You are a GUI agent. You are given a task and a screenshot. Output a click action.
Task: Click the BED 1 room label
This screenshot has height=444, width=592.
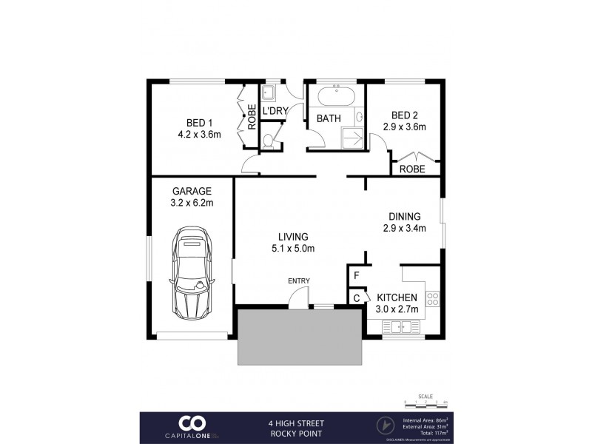195,123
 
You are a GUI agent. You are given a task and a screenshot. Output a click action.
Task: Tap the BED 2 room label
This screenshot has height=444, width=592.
405,115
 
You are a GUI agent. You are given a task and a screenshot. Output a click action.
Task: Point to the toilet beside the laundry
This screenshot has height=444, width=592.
268,140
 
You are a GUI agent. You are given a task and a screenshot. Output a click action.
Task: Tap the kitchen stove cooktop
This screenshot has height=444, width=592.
433,299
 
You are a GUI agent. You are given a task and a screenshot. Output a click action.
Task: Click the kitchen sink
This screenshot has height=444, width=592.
400,326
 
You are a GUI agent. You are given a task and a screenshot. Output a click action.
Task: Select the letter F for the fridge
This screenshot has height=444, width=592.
357,275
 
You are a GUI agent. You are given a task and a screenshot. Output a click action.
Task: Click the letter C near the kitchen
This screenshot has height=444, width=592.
357,297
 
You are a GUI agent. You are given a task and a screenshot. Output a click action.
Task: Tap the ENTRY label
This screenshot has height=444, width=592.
300,280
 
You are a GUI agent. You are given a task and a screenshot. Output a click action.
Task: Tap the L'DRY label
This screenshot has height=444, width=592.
275,111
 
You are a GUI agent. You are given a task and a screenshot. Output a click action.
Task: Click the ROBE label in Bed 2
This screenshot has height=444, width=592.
412,169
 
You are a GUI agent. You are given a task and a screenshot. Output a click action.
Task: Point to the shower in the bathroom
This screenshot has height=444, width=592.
352,137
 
